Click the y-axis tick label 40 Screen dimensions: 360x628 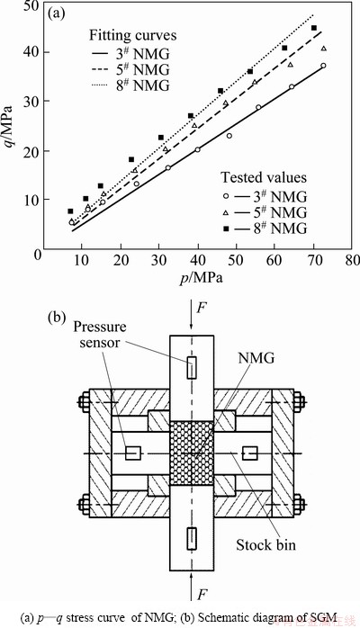coord(31,52)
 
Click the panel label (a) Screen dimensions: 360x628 coord(56,14)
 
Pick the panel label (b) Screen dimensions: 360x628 coord(57,318)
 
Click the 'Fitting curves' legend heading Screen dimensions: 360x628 coord(132,35)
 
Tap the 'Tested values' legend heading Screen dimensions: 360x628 coord(265,177)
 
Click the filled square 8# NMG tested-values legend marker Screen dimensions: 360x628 coord(226,229)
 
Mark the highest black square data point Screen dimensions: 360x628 coord(314,28)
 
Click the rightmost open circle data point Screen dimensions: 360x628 coord(323,66)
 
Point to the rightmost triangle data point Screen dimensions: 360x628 coord(324,49)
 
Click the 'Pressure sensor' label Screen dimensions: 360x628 coord(99,335)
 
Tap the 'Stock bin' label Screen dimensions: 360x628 coord(265,545)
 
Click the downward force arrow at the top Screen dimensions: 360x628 coord(192,319)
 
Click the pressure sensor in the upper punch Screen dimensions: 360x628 coord(192,367)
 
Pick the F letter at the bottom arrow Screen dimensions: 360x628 coord(203,595)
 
